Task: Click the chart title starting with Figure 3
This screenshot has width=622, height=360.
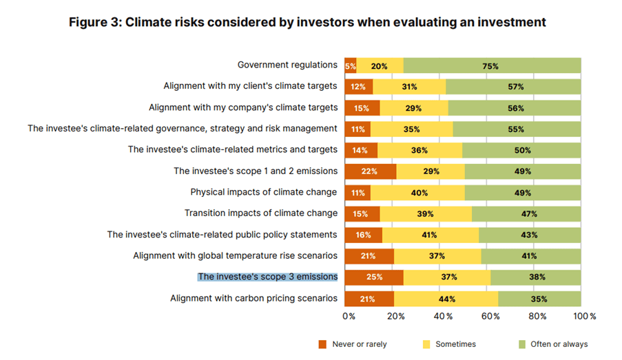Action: (x=307, y=22)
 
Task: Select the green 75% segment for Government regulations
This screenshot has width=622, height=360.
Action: (x=492, y=66)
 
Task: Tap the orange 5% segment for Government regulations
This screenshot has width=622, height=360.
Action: (x=351, y=66)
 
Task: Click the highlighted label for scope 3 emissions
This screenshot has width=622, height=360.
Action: (x=267, y=277)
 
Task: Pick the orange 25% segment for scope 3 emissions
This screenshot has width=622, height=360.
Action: (x=374, y=277)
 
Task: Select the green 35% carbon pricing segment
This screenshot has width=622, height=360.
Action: (x=539, y=299)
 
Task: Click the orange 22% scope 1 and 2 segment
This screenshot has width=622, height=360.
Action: (x=371, y=171)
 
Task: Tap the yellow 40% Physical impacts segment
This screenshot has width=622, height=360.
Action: (x=418, y=192)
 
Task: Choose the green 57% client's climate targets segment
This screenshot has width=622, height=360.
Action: (x=514, y=87)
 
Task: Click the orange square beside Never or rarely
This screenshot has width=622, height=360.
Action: (x=322, y=343)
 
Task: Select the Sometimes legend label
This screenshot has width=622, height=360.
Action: (x=455, y=343)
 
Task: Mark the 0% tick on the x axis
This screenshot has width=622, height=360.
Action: (x=349, y=316)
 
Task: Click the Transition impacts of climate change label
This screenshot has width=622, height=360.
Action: (x=260, y=213)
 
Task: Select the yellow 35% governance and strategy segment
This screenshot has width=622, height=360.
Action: (x=412, y=129)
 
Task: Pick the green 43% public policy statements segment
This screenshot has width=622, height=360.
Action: (x=530, y=235)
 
